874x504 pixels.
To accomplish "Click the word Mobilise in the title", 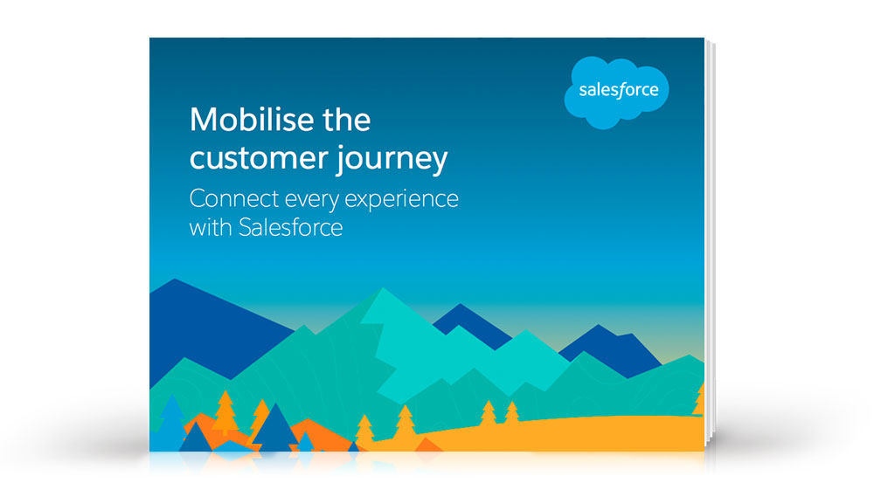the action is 252,119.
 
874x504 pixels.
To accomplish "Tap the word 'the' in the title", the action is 347,119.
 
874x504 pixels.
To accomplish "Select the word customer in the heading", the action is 259,158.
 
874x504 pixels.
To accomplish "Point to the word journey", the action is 392,161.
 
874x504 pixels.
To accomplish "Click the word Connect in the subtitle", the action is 234,199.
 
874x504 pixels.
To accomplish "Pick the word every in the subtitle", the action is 311,201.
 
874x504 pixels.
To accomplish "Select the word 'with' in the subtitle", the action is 211,227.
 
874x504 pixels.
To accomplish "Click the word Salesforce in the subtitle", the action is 290,227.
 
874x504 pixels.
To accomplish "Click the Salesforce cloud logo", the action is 616,92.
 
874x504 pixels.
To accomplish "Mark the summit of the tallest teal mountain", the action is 383,288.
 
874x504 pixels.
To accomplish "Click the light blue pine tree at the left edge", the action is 170,424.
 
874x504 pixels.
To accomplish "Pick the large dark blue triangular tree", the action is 274,429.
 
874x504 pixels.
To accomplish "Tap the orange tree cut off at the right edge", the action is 699,400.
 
